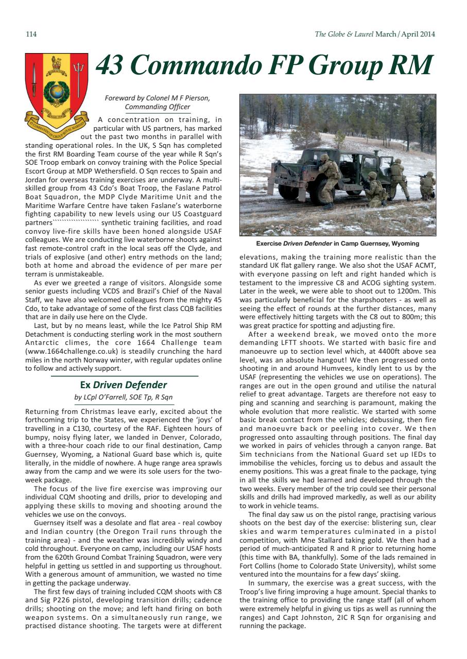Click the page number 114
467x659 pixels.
point(31,34)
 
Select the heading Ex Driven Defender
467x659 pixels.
point(124,385)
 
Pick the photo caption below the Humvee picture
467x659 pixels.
point(337,244)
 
